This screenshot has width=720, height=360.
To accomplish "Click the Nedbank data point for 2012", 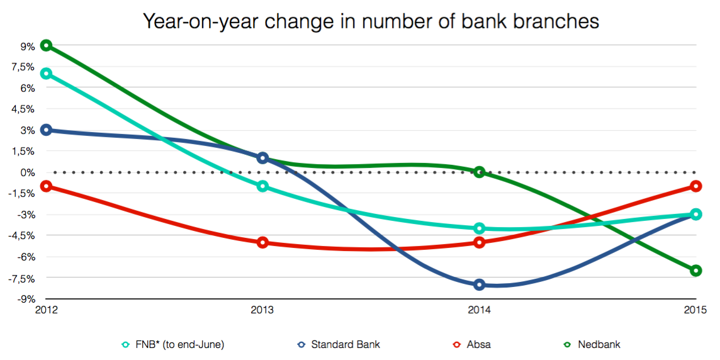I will [46, 45].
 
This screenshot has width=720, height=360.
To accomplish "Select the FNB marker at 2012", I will [46, 74].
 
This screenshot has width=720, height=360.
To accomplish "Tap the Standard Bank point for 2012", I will [46, 130].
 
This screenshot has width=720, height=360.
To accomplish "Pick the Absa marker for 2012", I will [46, 186].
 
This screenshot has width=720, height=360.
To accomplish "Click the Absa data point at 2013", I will [263, 242].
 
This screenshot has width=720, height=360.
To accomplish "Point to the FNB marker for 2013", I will [263, 186].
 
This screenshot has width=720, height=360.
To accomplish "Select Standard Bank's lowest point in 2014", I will [480, 284].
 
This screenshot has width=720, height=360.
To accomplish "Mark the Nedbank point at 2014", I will [480, 172].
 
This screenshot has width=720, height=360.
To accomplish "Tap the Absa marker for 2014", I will [480, 242].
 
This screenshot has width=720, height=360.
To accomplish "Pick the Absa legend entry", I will [479, 344].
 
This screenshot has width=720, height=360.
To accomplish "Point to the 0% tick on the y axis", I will [27, 172].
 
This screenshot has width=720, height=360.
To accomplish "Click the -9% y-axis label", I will [25, 299].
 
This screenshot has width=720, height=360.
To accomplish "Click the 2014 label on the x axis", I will [479, 310].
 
